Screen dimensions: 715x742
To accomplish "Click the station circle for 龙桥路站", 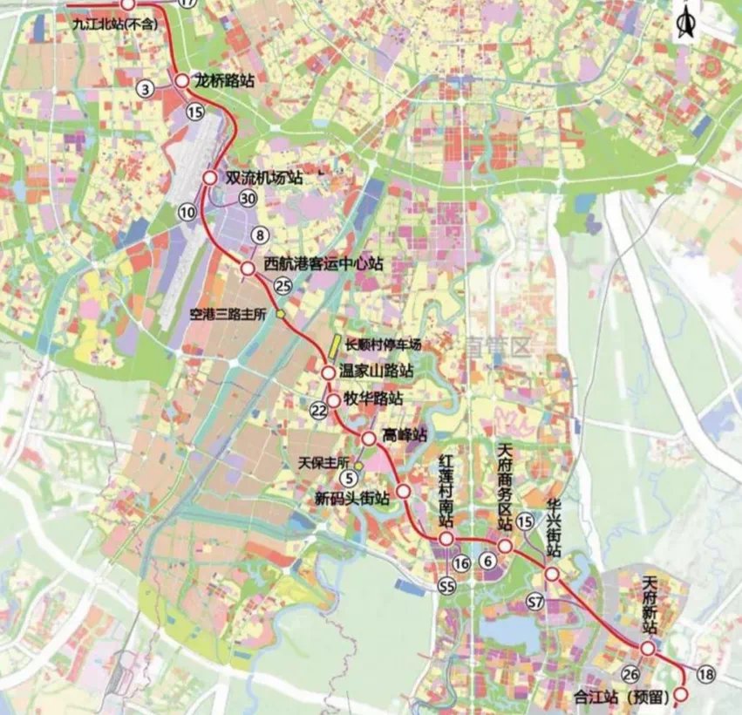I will click(182, 81).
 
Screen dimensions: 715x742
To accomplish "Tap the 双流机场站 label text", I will click(263, 177).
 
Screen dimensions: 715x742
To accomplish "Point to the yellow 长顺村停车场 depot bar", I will click(334, 344).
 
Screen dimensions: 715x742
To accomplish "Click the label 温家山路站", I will click(375, 372).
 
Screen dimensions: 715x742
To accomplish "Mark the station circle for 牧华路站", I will click(339, 400).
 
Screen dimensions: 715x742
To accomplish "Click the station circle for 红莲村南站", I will click(446, 541).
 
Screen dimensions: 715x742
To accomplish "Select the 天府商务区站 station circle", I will click(505, 546).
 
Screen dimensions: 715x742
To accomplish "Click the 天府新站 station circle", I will click(647, 649).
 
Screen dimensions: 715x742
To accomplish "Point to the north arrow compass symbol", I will click(685, 18).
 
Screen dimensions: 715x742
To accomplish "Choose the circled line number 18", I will click(706, 673).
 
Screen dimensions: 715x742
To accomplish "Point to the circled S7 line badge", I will click(535, 601).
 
